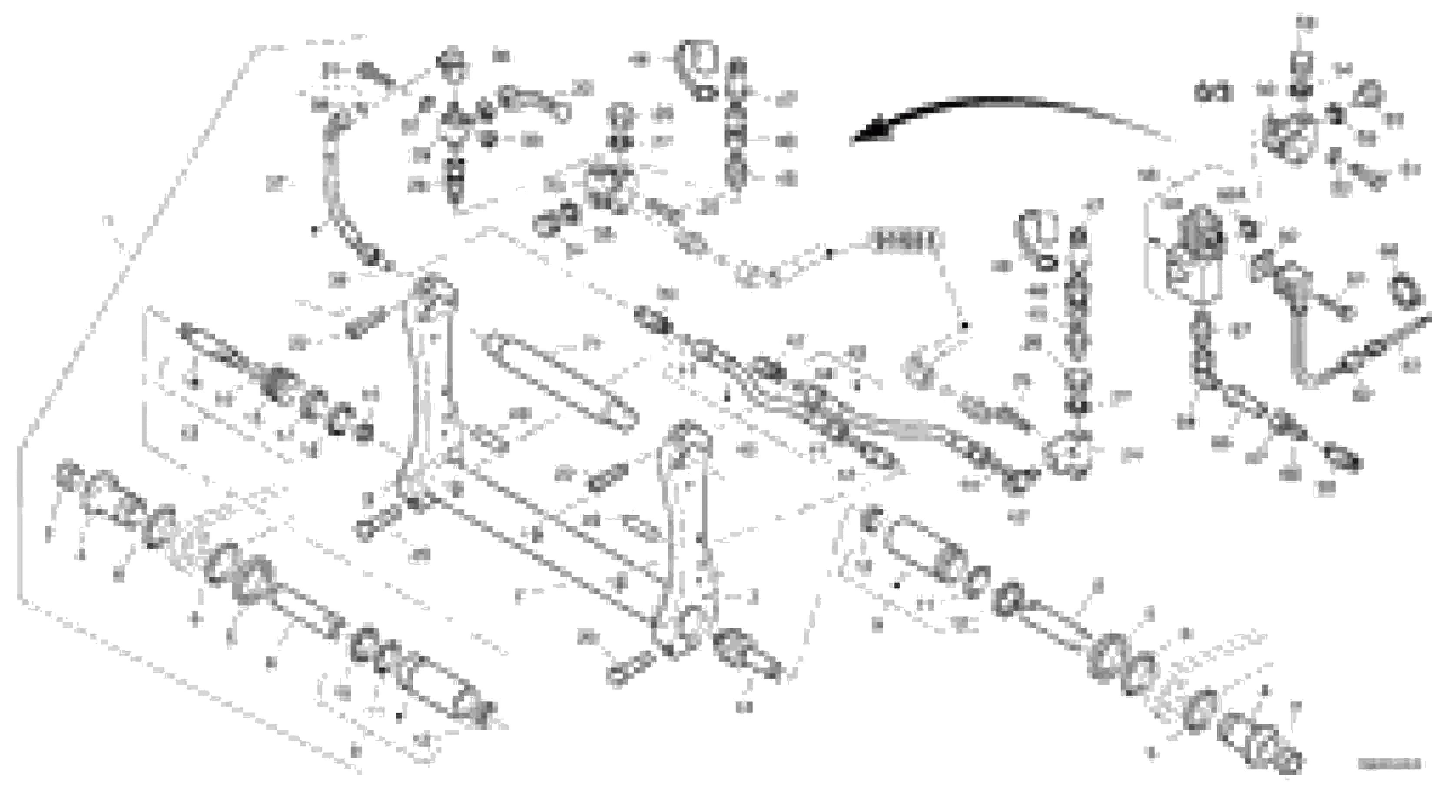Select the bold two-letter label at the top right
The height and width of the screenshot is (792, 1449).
(1213, 93)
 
